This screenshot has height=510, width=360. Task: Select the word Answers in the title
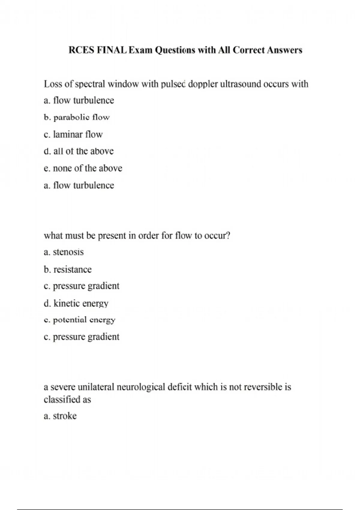[284, 50]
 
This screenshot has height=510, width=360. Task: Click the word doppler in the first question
[203, 84]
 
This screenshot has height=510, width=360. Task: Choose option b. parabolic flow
[77, 117]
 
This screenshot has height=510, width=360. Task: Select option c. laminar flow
[73, 134]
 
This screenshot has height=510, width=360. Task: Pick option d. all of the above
[79, 151]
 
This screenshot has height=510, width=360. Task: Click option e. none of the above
[83, 168]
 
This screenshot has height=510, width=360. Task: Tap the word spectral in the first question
[90, 84]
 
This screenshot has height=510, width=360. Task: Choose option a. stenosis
[64, 252]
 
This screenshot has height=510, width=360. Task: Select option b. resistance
[67, 269]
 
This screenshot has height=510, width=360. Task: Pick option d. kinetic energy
[76, 303]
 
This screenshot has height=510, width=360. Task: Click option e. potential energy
[79, 320]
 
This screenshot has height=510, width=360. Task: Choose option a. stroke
[60, 416]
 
